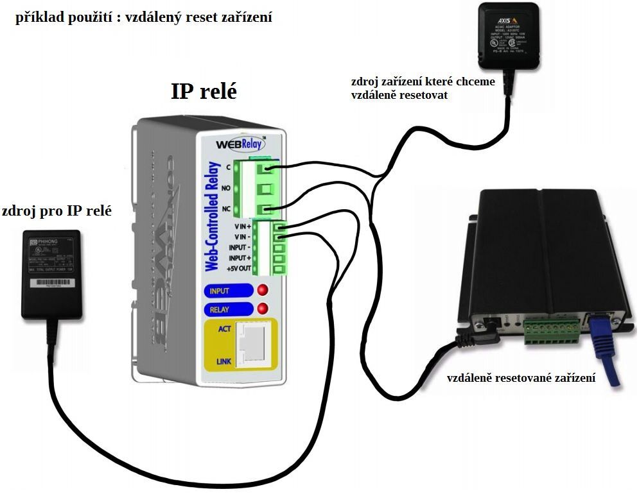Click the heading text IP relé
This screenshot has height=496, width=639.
(204, 90)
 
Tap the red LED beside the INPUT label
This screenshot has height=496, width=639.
(262, 291)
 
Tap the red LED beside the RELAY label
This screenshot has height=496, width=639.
(262, 309)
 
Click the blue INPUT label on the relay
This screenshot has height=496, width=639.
(220, 291)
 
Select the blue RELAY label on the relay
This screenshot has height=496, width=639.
(220, 309)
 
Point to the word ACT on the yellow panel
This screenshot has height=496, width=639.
(225, 329)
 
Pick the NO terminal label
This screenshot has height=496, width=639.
(227, 188)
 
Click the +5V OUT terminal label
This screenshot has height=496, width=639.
(238, 268)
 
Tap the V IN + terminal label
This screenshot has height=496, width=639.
(242, 227)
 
